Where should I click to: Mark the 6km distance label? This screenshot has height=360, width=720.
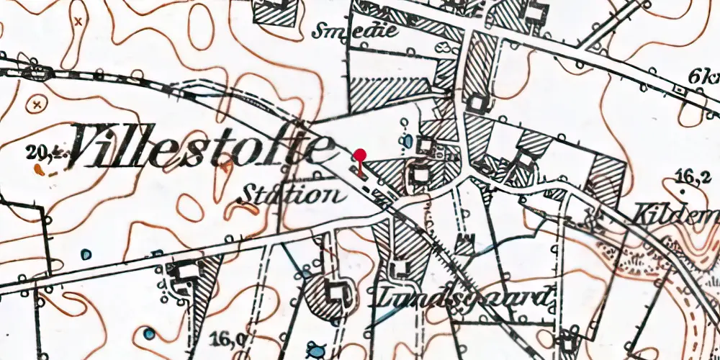click(703, 76)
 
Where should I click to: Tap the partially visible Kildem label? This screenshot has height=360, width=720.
click(677, 214)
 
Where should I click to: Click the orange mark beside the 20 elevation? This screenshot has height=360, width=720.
click(38, 169)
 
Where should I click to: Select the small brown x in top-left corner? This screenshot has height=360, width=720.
click(78, 22)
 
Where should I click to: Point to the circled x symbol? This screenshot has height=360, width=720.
click(36, 105)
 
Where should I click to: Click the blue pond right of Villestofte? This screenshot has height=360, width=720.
click(409, 140)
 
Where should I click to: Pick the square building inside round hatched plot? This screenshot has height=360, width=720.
click(334, 293)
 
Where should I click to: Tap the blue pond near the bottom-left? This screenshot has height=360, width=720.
click(148, 333)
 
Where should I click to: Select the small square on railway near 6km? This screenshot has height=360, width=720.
click(679, 90)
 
